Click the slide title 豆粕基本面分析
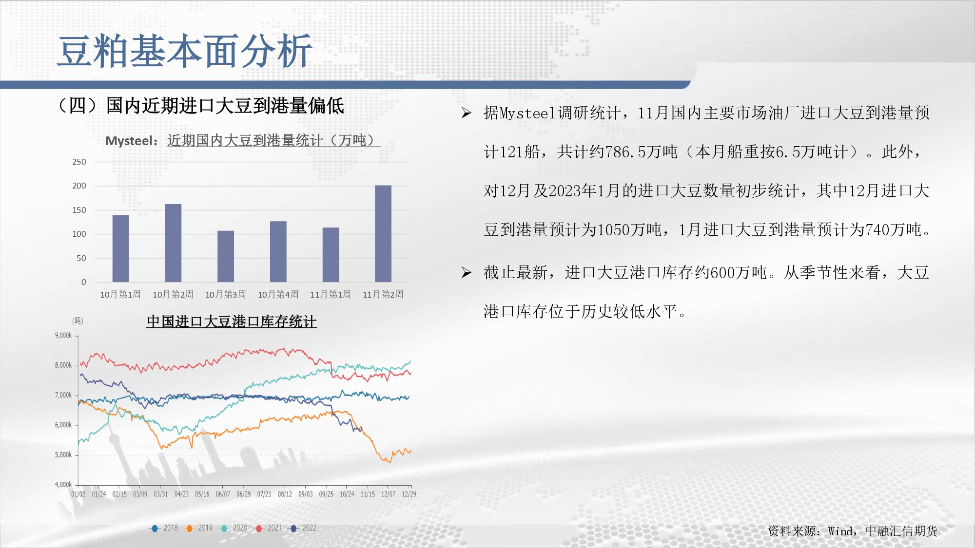(185, 51)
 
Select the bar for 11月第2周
(383, 234)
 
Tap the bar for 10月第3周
(226, 256)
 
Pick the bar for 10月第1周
(121, 248)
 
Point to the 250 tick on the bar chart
(79, 162)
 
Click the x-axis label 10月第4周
(278, 295)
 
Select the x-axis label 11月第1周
(331, 295)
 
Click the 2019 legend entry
(199, 528)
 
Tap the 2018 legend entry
(164, 528)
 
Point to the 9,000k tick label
(63, 336)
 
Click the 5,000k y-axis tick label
(63, 455)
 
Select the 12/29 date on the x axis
(409, 494)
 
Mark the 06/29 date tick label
(244, 494)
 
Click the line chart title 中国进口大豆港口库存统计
(232, 321)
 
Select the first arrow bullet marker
(467, 113)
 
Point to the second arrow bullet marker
(467, 272)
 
